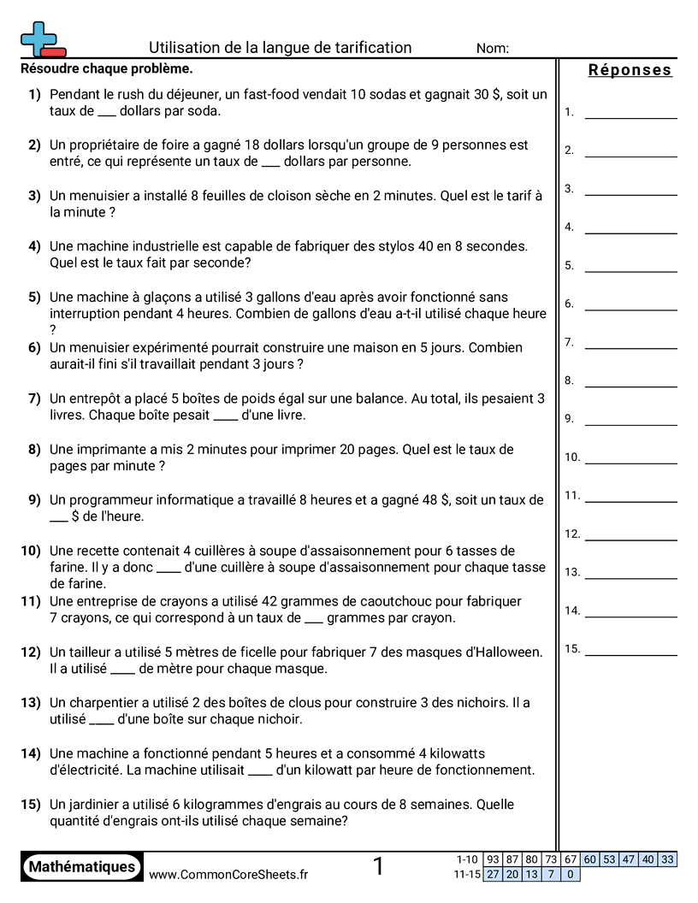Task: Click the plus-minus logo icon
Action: coord(41,39)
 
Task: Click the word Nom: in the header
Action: coord(492,49)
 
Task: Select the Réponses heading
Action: coord(630,70)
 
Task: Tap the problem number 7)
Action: coord(34,398)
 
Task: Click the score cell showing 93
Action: coord(493,859)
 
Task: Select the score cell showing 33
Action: coord(667,859)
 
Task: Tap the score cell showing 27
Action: coord(493,874)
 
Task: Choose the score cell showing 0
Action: coord(570,874)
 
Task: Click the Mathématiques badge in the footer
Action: coord(82,867)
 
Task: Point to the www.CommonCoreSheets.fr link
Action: coord(228,874)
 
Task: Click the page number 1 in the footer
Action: coord(378,867)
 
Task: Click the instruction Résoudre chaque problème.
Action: coord(106,68)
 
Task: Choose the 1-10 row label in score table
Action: coord(467,859)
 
